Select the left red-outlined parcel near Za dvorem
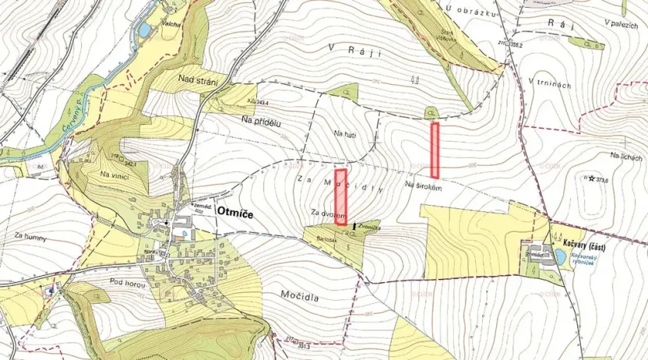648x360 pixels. click(340, 197)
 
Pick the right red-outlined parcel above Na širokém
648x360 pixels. click(435, 150)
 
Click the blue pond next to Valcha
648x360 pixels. click(144, 30)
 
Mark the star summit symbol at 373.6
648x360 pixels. click(591, 178)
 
